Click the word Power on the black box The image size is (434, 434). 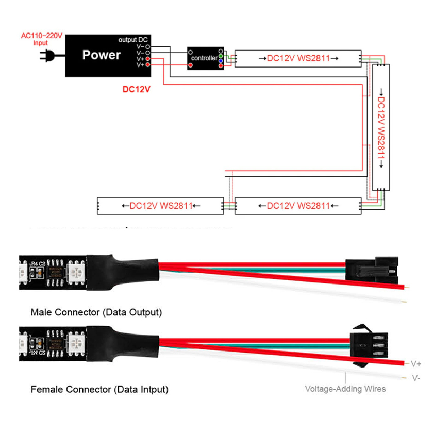[x=101, y=55]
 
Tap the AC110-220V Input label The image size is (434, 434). [x=41, y=39]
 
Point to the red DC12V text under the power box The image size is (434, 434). [x=136, y=89]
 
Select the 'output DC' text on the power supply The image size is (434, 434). [x=135, y=40]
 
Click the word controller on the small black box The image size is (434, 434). [x=204, y=58]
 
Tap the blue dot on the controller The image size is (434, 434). [x=220, y=61]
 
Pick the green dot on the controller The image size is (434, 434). [x=220, y=56]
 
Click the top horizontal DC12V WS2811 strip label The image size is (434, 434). [x=298, y=58]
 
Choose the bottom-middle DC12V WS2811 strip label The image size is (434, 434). [x=298, y=206]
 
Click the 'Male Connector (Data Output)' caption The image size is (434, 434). [x=96, y=312]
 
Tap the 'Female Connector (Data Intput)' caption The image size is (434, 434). [x=99, y=389]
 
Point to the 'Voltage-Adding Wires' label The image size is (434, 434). [x=345, y=389]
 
